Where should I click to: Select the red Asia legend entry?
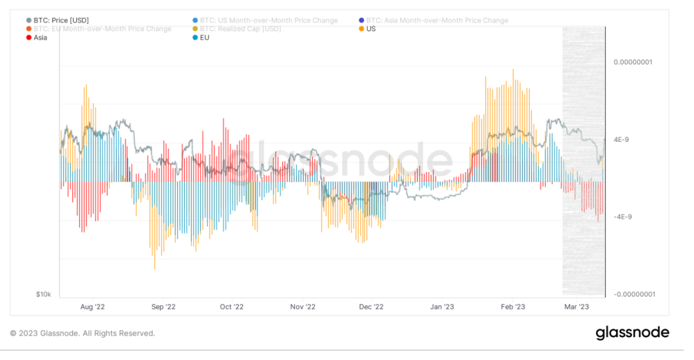pyautogui.click(x=40, y=37)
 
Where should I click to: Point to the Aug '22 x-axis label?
pyautogui.click(x=93, y=307)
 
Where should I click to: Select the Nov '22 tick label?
pyautogui.click(x=303, y=307)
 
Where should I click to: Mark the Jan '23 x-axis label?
pyautogui.click(x=442, y=307)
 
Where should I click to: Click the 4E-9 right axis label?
pyautogui.click(x=621, y=139)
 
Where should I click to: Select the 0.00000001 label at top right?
pyautogui.click(x=632, y=62)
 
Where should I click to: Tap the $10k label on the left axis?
pyautogui.click(x=43, y=294)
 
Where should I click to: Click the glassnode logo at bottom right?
pyautogui.click(x=632, y=333)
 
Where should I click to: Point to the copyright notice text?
pyautogui.click(x=83, y=333)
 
